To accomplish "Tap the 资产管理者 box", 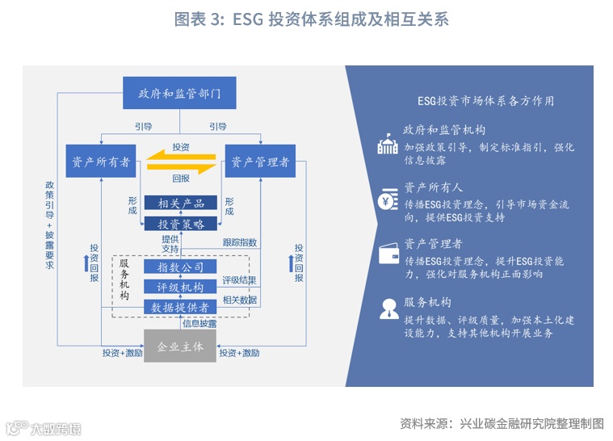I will (x=260, y=162).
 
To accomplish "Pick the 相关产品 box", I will (x=181, y=203).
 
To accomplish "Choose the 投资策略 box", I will (x=181, y=224).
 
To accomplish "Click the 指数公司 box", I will (x=181, y=267).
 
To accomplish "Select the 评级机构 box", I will (x=181, y=287).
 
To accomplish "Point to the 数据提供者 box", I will (x=181, y=307).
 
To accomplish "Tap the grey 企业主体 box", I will (x=180, y=346).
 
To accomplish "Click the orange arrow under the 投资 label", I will (x=180, y=156).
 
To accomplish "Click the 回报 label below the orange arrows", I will (x=181, y=178).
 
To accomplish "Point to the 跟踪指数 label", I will (x=240, y=242).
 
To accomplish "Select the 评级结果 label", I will (x=240, y=280).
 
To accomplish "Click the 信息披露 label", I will (x=199, y=324).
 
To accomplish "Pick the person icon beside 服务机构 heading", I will (x=388, y=309).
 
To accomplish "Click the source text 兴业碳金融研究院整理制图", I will (x=531, y=423).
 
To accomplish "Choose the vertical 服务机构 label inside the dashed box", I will (x=124, y=279).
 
